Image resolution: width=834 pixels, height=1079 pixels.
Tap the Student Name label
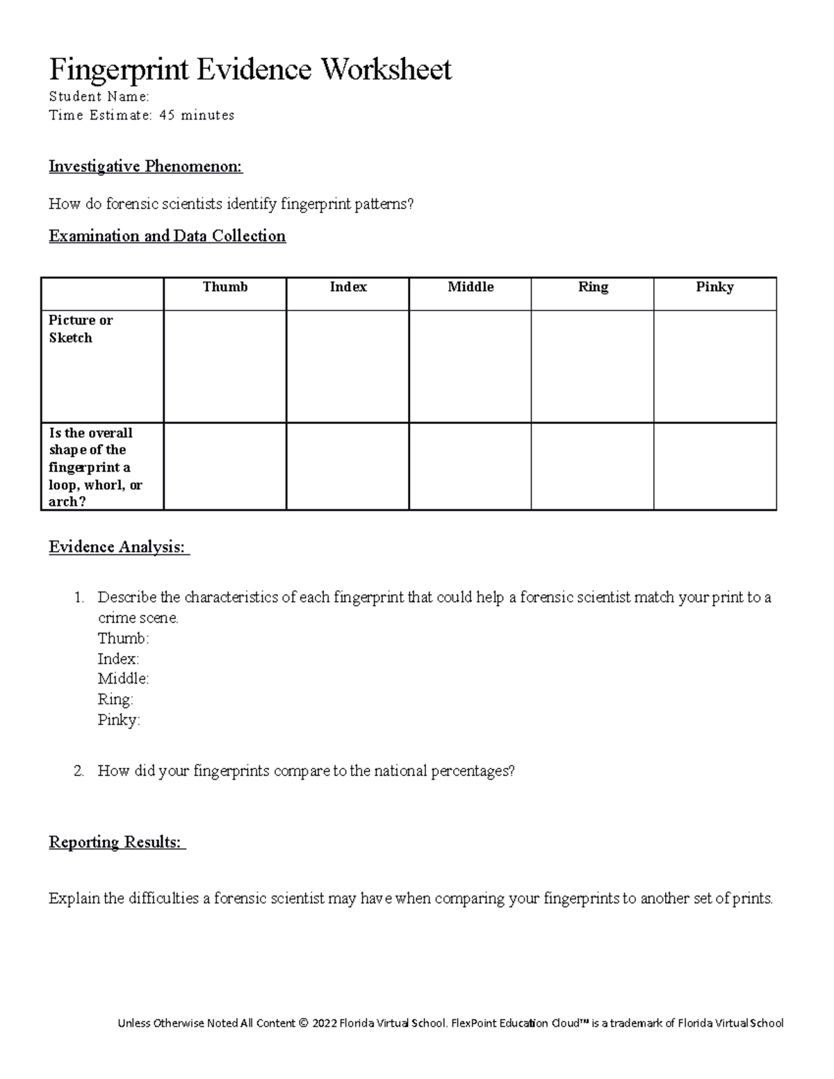tap(99, 97)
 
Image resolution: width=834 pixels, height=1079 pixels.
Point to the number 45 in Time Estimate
tap(167, 115)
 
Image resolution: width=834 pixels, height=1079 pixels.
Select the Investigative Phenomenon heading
tap(145, 167)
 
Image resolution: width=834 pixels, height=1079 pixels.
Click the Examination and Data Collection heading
tap(167, 236)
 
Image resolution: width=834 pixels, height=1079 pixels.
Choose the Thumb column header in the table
tap(225, 287)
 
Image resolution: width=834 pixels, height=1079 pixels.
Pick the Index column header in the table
tap(347, 287)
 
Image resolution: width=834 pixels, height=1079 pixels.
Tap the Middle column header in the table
tap(471, 287)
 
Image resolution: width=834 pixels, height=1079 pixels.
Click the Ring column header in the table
tap(593, 287)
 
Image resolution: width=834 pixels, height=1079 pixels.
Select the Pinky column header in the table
tap(714, 287)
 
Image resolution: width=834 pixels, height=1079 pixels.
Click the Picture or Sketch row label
tap(80, 329)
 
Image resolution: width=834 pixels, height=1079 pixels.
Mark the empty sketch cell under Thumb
tap(225, 366)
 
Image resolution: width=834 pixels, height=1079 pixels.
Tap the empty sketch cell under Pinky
tap(714, 366)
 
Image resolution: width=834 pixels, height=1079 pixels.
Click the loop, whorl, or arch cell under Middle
tap(471, 466)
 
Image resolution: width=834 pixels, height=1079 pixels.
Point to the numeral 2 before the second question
tap(79, 771)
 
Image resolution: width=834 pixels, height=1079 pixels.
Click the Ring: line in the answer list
tap(115, 700)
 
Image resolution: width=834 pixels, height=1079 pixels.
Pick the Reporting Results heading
tap(116, 843)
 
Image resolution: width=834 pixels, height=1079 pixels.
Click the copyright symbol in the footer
tap(302, 1023)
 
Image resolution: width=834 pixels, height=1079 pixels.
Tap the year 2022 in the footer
tap(327, 1023)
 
